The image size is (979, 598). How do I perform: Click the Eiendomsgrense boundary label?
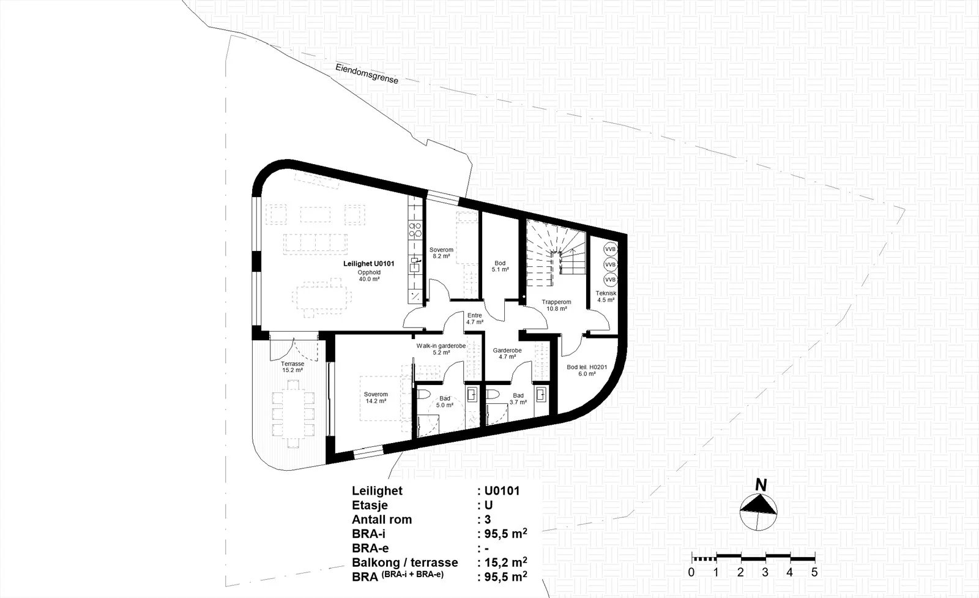coord(367,74)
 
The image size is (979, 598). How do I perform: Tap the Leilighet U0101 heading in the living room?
coord(369,264)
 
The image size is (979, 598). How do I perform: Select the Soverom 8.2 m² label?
coord(441,253)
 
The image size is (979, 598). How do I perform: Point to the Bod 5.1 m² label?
coord(500,266)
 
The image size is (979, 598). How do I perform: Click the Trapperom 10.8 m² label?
coord(556,305)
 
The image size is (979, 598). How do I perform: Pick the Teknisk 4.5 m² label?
coord(606,296)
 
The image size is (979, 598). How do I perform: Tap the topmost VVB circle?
coord(610,249)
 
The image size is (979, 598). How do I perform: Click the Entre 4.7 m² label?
coord(475,318)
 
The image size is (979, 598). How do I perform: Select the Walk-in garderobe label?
coord(441,346)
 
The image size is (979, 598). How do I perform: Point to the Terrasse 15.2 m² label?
coord(292,367)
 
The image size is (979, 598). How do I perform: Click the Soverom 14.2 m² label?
coord(376,397)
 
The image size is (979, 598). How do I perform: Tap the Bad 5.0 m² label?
coord(445,402)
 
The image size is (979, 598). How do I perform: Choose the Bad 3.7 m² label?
coord(518,398)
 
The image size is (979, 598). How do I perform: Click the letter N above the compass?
coord(761,485)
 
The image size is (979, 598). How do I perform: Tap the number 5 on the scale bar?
coord(814,572)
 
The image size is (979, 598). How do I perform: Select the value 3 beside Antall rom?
coord(488,519)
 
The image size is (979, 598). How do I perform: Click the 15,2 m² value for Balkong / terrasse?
coord(505,562)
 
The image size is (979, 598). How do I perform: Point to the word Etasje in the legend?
coord(370,506)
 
